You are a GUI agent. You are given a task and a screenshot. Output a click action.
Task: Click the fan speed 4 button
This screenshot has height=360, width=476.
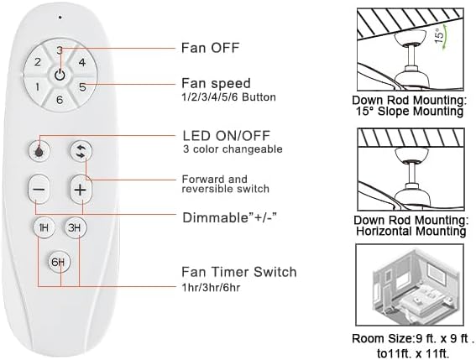coord(81,62)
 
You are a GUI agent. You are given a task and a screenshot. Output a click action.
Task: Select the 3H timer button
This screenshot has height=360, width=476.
coord(75,227)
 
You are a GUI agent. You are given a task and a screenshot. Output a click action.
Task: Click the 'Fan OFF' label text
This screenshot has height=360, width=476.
coord(210,47)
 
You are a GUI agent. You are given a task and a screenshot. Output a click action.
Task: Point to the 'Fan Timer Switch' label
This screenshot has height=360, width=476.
coord(238,272)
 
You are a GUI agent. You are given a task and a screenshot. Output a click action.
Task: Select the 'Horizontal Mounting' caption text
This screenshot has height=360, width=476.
coord(409,230)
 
